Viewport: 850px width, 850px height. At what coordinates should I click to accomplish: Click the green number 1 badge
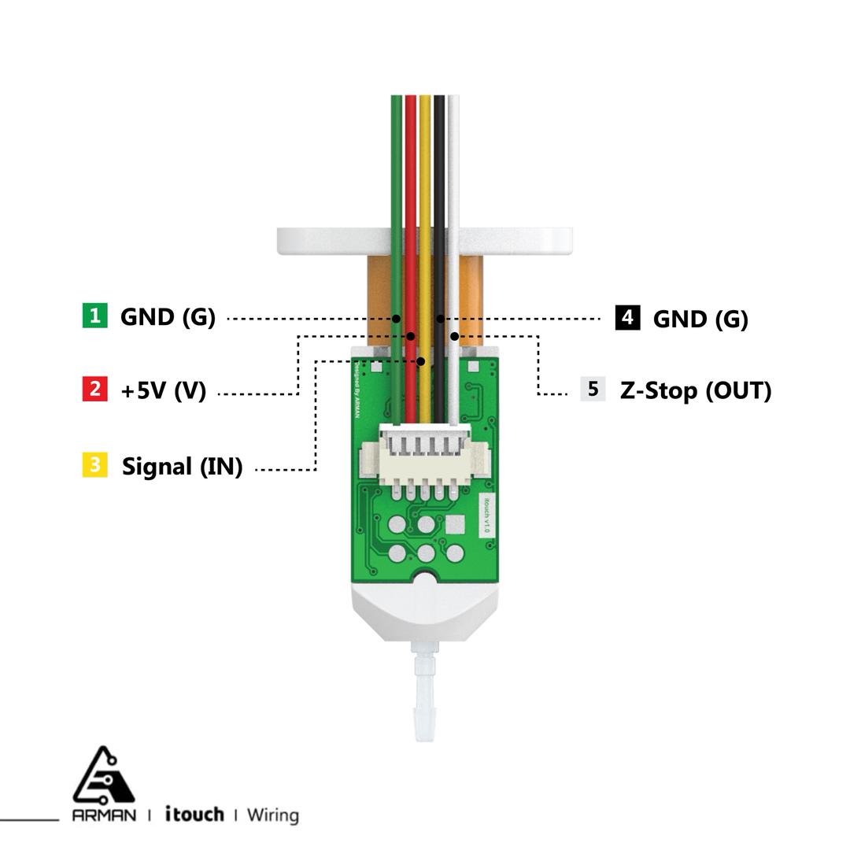[x=94, y=316]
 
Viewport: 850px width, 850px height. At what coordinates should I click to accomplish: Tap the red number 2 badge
[x=94, y=389]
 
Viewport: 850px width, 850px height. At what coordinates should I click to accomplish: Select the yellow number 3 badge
[x=94, y=465]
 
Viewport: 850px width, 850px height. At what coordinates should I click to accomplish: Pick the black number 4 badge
[x=627, y=318]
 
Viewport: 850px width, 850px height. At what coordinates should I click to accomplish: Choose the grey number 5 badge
[x=593, y=389]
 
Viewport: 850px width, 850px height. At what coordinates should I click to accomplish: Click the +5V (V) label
[x=163, y=390]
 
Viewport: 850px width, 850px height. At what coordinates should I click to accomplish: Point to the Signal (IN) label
[x=182, y=467]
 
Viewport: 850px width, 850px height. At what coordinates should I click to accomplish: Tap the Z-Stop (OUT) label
[x=696, y=390]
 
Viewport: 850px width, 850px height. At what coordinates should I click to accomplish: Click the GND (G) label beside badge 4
[x=700, y=319]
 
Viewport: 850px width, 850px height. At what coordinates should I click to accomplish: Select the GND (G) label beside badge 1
[x=168, y=317]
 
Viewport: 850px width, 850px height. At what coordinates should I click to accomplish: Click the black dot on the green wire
[x=397, y=319]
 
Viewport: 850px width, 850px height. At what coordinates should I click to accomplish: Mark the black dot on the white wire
[x=454, y=337]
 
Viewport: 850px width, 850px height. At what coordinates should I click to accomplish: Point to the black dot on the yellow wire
[x=422, y=361]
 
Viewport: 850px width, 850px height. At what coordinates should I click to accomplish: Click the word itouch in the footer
[x=194, y=814]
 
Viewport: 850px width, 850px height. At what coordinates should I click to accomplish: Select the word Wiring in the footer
[x=272, y=815]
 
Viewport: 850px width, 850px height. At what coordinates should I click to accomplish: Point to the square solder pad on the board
[x=455, y=526]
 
